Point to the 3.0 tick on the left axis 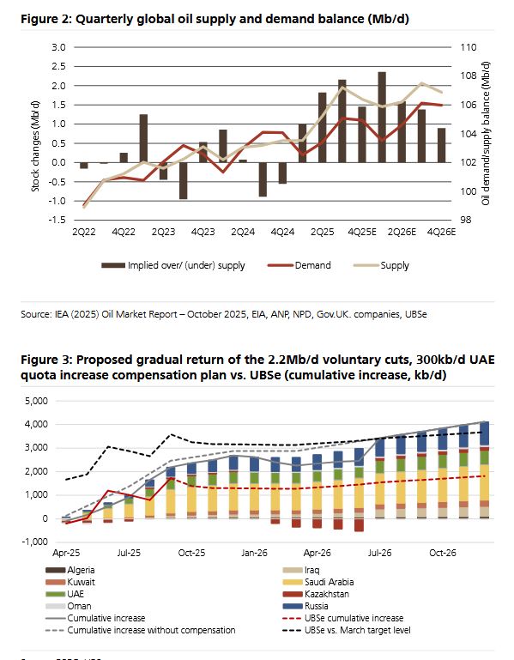58,47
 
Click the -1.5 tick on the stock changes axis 57,220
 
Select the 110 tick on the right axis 468,47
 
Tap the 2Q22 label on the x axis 83,233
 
